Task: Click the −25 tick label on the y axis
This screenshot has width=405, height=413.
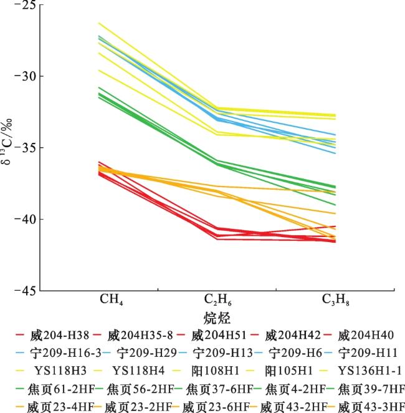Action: [24, 6]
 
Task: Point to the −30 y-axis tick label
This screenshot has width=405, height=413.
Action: [24, 77]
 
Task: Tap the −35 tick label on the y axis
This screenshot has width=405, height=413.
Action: [24, 148]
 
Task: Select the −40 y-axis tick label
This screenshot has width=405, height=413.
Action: [24, 219]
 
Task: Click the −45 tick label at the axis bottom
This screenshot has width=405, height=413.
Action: [24, 290]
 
